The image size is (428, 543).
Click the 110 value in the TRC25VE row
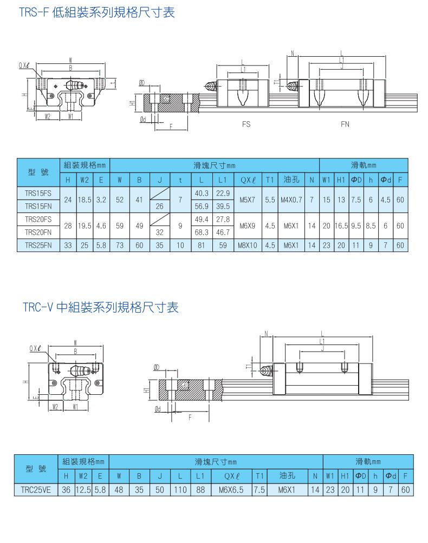click(180, 490)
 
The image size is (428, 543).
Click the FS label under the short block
click(247, 124)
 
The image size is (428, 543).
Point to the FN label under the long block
click(345, 124)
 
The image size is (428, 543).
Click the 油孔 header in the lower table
click(287, 476)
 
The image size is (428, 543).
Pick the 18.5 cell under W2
click(85, 200)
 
